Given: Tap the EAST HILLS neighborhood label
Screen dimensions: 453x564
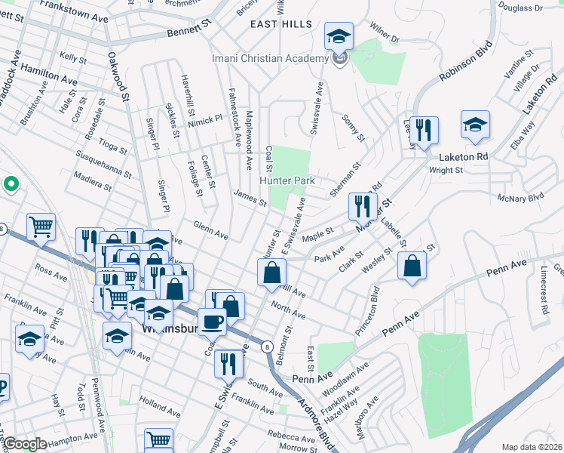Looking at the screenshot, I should [281, 24].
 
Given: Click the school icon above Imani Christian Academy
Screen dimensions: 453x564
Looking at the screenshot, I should [339, 37].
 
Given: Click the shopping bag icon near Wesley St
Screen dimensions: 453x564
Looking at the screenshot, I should [412, 266].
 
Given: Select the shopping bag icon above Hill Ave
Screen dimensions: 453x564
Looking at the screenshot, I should [272, 273].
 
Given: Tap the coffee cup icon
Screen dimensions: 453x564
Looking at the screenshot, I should [212, 322].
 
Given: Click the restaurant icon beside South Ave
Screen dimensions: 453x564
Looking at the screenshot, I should [227, 364].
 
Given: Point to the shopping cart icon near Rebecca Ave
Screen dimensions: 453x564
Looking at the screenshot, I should [158, 440].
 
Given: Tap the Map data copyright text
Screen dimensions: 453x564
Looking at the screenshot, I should [532, 446].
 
